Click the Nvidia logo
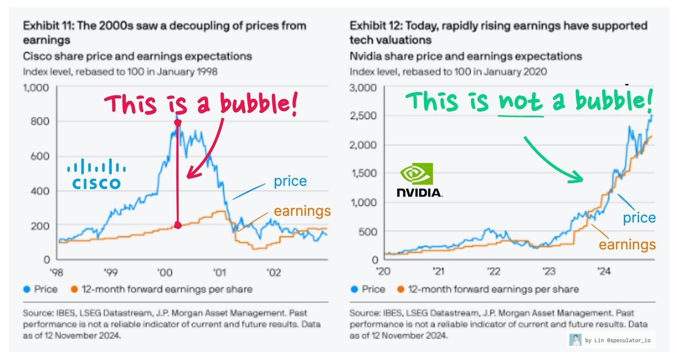click(x=419, y=181)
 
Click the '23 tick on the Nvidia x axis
click(x=548, y=271)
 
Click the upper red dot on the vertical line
click(x=178, y=122)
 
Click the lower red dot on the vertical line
click(x=178, y=225)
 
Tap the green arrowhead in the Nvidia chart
click(x=577, y=178)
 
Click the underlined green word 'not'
click(x=520, y=102)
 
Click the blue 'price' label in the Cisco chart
click(x=290, y=181)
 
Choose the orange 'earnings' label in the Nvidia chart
click(x=627, y=244)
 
